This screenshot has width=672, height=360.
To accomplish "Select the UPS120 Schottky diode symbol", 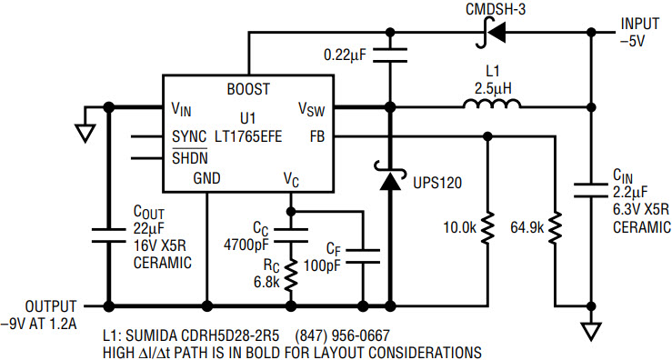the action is tap(390, 175).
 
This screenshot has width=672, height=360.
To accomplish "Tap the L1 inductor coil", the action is tap(491, 104).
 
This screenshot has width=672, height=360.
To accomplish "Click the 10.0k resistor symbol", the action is tap(486, 227).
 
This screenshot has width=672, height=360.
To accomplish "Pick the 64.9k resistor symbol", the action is tap(555, 227).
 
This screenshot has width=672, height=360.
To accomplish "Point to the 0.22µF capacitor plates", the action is tap(390, 55).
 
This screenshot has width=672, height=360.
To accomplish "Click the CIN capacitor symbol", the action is tap(591, 190).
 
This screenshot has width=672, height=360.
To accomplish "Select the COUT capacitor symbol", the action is tap(109, 235).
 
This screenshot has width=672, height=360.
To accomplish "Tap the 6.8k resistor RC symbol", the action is tap(291, 274).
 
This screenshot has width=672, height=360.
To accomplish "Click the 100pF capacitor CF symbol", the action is tap(363, 255).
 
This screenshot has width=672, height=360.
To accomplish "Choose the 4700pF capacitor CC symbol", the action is tap(291, 235).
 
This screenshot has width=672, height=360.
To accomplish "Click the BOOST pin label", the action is tap(248, 89).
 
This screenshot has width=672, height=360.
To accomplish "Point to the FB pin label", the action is tap(317, 136).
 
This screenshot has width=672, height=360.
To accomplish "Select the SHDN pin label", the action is tap(190, 157).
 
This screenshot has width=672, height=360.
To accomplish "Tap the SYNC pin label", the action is tap(189, 136).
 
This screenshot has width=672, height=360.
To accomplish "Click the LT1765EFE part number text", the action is tap(248, 136).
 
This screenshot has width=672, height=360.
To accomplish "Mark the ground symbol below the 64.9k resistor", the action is tap(591, 331).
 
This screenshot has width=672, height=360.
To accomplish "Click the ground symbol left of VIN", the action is tap(85, 133).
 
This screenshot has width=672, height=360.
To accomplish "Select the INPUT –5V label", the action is tap(640, 32).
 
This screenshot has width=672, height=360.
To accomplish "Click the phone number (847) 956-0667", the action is tap(343, 335).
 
